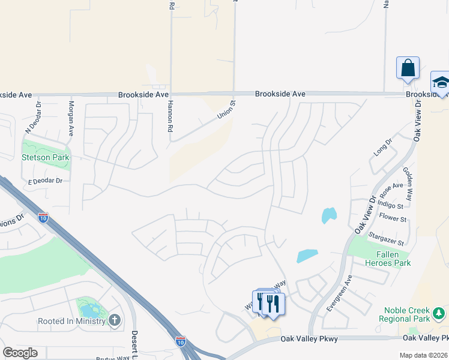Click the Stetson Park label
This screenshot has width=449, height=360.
pos(46,157)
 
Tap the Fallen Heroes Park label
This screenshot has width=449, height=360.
pos(388,259)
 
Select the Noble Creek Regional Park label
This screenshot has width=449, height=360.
pos(411,314)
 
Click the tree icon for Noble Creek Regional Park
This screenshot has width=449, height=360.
pos(440,313)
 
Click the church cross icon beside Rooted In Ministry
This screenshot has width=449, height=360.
pos(115,321)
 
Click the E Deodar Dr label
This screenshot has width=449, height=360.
pos(45,180)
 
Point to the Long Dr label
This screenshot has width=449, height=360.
pos(382,147)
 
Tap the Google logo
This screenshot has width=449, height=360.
pos(20,353)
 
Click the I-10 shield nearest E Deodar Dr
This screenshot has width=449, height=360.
pos(43,218)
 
